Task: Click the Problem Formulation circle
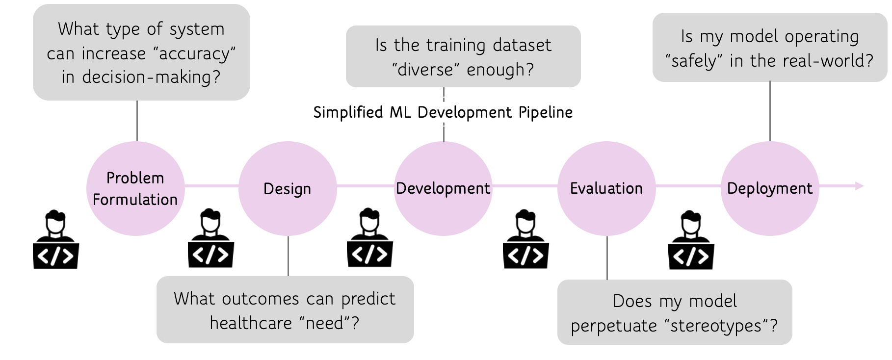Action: (x=135, y=189)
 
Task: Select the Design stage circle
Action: (x=288, y=189)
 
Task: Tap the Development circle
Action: (x=443, y=189)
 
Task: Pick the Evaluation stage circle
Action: (x=606, y=189)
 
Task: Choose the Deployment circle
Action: (x=770, y=189)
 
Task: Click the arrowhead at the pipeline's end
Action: (x=860, y=186)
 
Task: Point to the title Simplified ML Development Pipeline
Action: (x=443, y=112)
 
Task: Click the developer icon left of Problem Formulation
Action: (x=56, y=240)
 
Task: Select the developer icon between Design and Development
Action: (x=370, y=238)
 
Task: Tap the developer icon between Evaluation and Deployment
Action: (x=691, y=240)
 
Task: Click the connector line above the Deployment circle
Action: (x=770, y=111)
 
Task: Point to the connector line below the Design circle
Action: (x=288, y=256)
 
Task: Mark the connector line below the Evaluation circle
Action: (x=607, y=258)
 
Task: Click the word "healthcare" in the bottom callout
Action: (x=251, y=323)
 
